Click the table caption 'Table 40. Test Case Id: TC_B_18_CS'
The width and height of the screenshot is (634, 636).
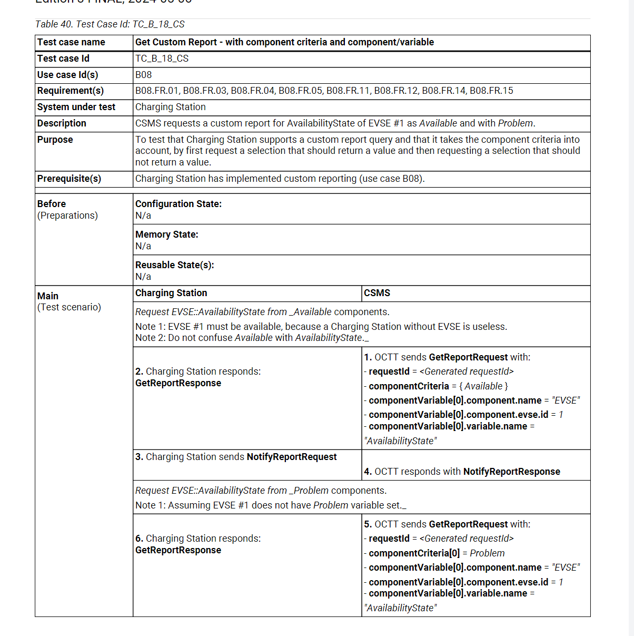coord(110,24)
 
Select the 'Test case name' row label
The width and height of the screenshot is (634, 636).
coord(71,42)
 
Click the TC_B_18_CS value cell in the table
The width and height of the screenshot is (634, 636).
coord(162,58)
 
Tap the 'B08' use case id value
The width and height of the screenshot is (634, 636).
coord(143,75)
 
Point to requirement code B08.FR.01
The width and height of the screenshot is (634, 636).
coord(157,91)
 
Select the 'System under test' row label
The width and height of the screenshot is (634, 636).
coord(76,107)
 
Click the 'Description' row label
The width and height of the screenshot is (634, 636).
coord(62,123)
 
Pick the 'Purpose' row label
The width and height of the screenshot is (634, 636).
coord(55,140)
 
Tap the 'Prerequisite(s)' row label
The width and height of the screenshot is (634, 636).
coord(69,179)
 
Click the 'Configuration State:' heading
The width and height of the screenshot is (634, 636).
coord(179,204)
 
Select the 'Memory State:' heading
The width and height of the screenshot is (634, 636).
coord(167,234)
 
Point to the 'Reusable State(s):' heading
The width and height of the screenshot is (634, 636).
coord(175,265)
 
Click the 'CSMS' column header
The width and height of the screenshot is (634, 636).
coord(377,293)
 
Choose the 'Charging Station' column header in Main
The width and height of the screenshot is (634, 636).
coord(171,293)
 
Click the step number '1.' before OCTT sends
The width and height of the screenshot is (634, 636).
coord(368,357)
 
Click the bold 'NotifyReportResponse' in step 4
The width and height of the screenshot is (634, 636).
coord(511,472)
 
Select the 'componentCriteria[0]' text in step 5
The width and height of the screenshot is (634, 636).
coord(414,553)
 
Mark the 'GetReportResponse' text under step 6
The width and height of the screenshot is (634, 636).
coord(178,550)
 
